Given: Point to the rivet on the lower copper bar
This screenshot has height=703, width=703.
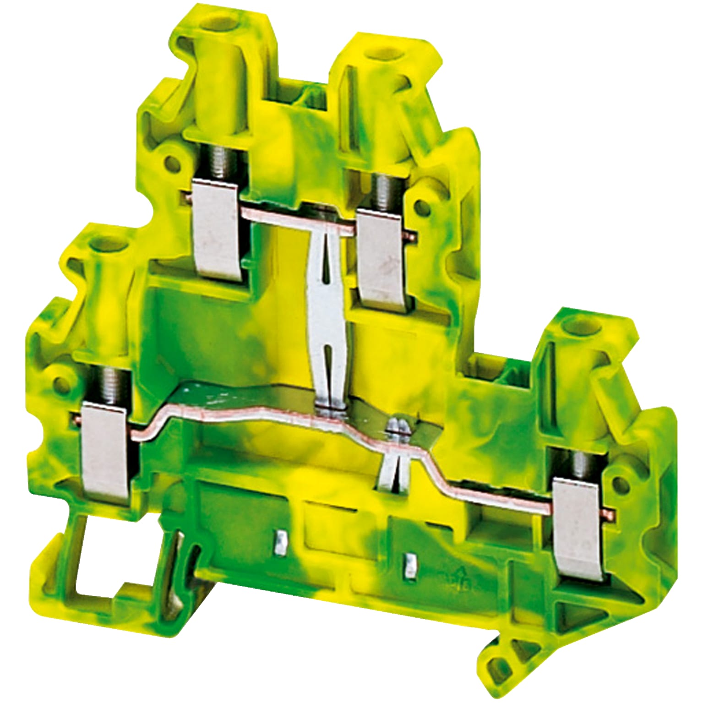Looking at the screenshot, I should click(397, 427).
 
